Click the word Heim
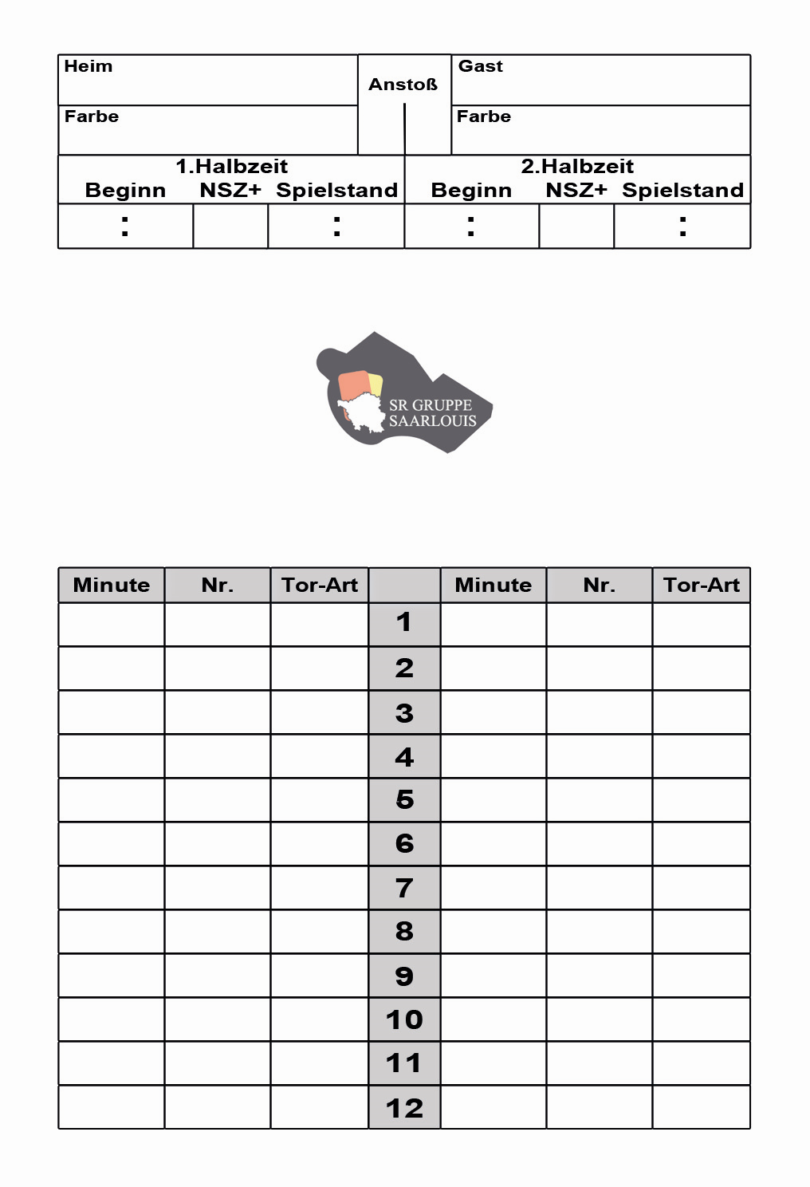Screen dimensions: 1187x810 pyautogui.click(x=88, y=66)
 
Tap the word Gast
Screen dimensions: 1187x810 pyautogui.click(x=480, y=66)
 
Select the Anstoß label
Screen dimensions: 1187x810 pyautogui.click(x=403, y=85)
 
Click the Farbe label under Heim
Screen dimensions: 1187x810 pyautogui.click(x=92, y=116)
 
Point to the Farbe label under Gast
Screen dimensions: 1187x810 pyautogui.click(x=484, y=116)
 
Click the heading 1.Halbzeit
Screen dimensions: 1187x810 pyautogui.click(x=231, y=167)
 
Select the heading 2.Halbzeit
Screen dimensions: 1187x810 pyautogui.click(x=577, y=167)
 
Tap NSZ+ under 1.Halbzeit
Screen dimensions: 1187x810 pyautogui.click(x=230, y=191)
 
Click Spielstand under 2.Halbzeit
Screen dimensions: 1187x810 pyautogui.click(x=682, y=191)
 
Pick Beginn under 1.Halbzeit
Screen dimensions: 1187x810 pyautogui.click(x=125, y=191)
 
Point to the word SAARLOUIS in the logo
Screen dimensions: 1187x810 pyautogui.click(x=433, y=421)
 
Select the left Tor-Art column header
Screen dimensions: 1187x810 pyautogui.click(x=320, y=586)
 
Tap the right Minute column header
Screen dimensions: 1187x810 pyautogui.click(x=493, y=586)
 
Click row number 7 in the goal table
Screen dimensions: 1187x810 pyautogui.click(x=404, y=888)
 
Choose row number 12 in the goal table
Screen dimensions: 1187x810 pyautogui.click(x=404, y=1108)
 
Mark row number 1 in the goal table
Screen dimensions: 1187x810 pyautogui.click(x=404, y=622)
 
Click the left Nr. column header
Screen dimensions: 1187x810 pyautogui.click(x=217, y=586)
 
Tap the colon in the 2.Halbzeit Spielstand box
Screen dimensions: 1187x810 pyautogui.click(x=682, y=227)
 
